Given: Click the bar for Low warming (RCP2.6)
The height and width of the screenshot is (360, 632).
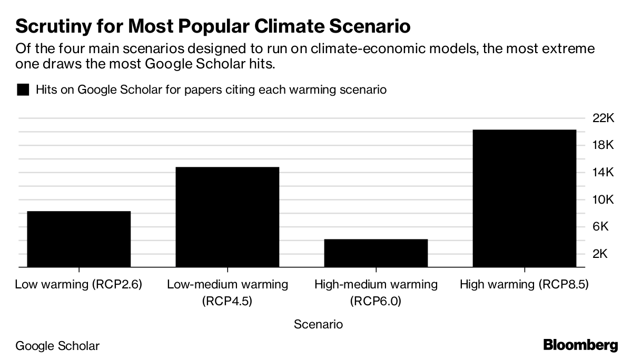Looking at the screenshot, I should click(x=79, y=239).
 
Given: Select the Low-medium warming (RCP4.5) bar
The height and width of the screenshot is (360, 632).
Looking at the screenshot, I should click(x=228, y=217).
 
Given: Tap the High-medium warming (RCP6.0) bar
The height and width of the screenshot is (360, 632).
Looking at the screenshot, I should click(x=376, y=253).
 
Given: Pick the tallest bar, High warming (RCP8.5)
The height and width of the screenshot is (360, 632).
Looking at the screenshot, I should click(x=525, y=198).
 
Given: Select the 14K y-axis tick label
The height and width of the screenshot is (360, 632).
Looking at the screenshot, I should click(x=604, y=173).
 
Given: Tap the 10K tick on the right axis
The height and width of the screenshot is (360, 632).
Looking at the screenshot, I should click(x=604, y=200).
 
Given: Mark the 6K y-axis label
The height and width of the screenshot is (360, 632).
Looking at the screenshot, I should click(x=604, y=227).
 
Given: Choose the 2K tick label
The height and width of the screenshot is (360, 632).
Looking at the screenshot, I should click(x=604, y=254).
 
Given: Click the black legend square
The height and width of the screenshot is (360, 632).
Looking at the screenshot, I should click(x=23, y=89).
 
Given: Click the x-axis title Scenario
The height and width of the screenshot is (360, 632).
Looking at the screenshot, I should click(x=318, y=324).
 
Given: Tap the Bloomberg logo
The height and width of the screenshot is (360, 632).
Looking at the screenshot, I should click(x=580, y=346).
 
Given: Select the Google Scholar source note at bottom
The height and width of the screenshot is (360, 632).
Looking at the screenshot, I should click(x=57, y=346).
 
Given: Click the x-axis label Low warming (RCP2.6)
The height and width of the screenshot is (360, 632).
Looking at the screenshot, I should click(x=79, y=285).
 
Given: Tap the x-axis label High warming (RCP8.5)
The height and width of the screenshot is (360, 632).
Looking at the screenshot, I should click(x=524, y=285).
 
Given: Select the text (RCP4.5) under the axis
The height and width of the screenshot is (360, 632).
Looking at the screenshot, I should click(x=228, y=302).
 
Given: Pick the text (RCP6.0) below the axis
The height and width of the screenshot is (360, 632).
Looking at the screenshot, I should click(x=376, y=302).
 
